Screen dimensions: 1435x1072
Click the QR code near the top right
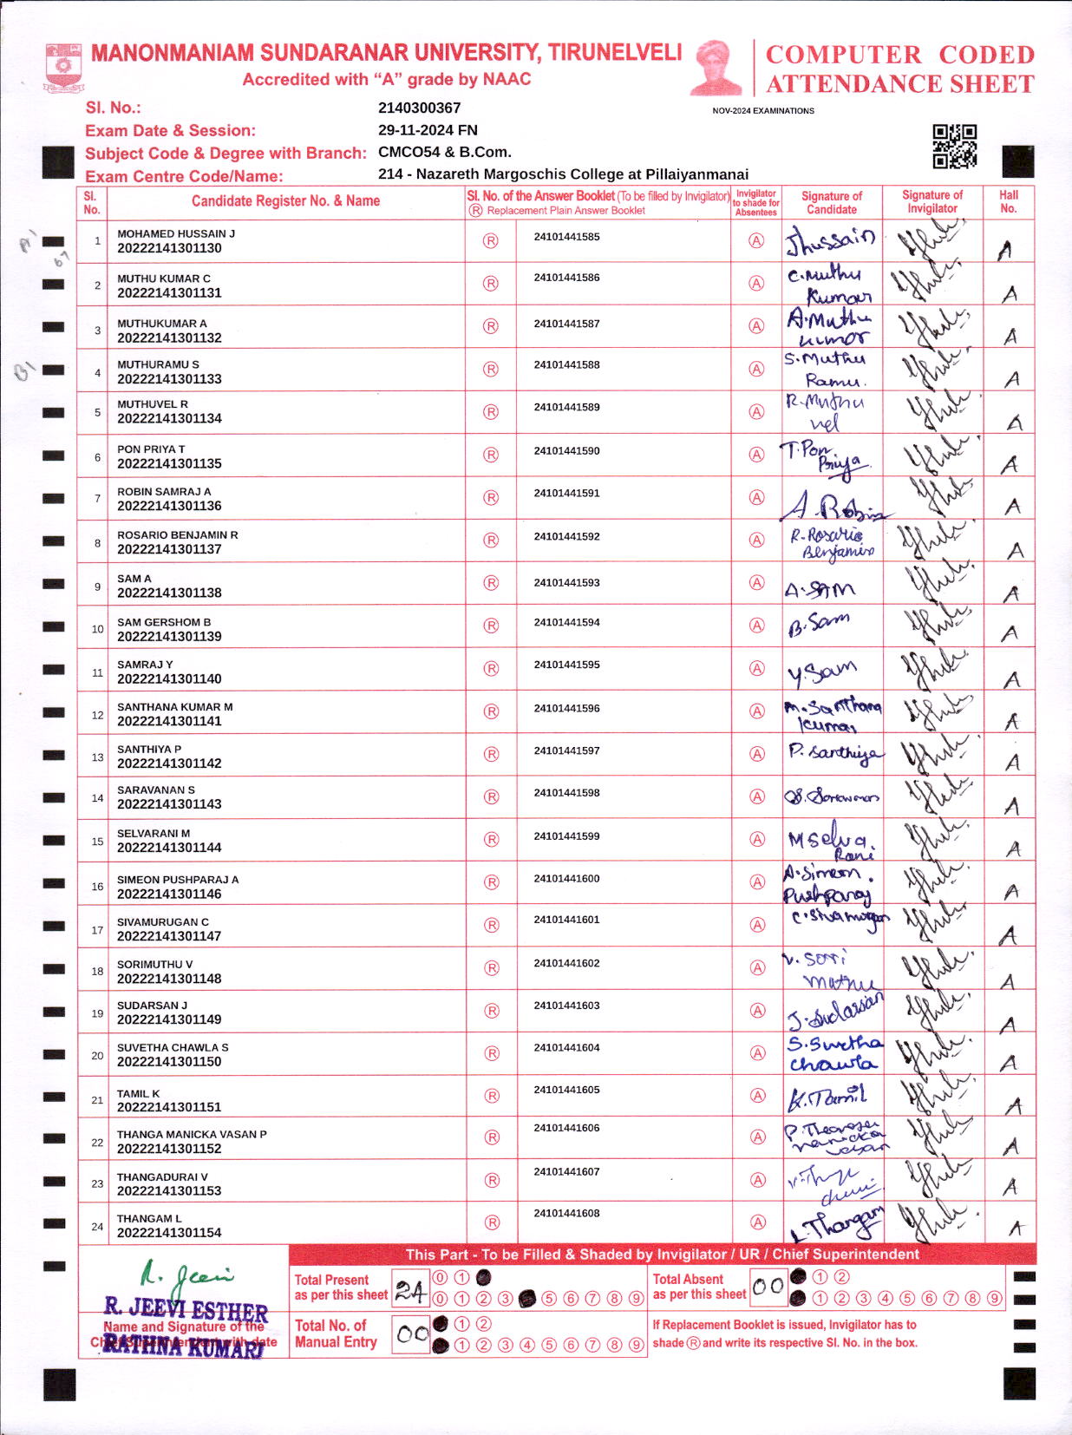[954, 146]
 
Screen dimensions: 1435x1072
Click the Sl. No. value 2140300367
[419, 108]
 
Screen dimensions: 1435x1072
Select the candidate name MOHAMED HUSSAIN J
[176, 234]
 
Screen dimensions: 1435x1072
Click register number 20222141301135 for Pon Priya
[169, 464]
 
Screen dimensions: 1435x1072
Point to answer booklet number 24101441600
[566, 879]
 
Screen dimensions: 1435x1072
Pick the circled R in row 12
[491, 711]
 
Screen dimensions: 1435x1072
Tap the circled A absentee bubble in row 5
[757, 411]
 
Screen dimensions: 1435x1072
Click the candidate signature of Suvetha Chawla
[833, 1053]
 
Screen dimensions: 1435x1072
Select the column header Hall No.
[1008, 202]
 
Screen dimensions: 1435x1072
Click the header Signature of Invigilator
[931, 202]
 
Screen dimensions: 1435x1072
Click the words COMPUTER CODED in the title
[899, 55]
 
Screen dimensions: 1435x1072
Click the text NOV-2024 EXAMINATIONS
[762, 111]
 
